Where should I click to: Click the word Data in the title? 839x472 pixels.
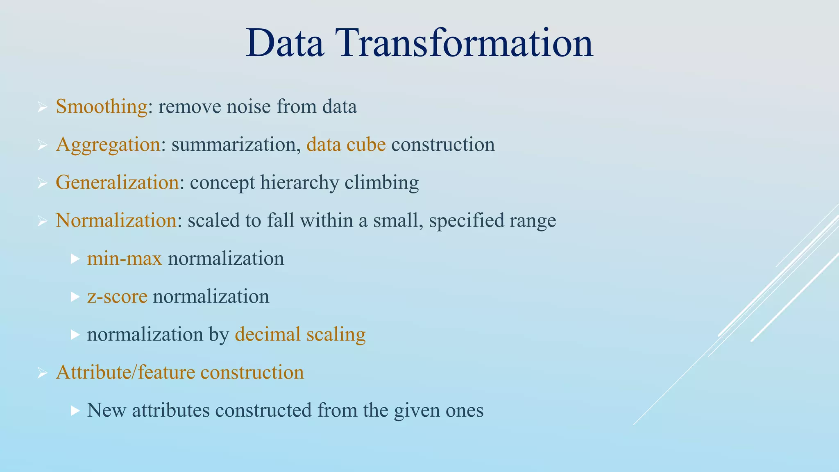(x=285, y=43)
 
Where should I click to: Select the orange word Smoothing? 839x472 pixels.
(x=101, y=107)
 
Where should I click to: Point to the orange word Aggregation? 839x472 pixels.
(x=108, y=145)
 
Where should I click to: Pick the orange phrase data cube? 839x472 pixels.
(x=346, y=145)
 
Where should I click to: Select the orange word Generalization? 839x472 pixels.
(x=117, y=182)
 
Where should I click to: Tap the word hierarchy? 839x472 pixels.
(x=299, y=182)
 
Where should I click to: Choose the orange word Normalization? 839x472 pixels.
(x=116, y=220)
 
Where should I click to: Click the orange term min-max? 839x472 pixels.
(x=125, y=259)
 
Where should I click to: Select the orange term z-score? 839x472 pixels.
(x=117, y=296)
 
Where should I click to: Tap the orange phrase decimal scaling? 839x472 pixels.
(x=300, y=334)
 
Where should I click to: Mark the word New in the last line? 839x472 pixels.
(x=106, y=410)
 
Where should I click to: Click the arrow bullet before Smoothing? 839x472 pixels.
(x=42, y=107)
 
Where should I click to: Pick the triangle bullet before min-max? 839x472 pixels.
(x=75, y=259)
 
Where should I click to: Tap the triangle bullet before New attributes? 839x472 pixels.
(x=75, y=410)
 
